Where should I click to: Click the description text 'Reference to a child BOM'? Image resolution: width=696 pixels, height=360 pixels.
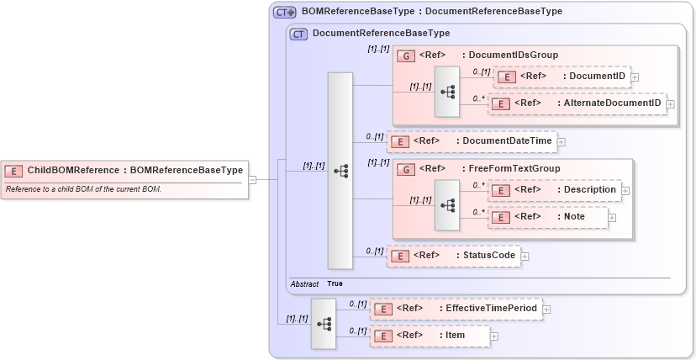83,188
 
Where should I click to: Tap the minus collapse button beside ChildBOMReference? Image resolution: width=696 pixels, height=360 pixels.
251,178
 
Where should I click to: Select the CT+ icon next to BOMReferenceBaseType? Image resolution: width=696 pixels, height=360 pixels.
284,12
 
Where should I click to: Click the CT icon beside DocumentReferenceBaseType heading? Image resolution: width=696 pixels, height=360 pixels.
298,34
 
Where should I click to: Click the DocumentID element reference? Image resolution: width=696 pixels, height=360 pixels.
561,77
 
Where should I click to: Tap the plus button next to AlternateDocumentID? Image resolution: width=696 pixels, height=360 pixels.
671,104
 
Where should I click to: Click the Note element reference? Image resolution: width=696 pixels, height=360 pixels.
548,217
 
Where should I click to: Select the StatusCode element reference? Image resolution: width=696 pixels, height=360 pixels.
453,255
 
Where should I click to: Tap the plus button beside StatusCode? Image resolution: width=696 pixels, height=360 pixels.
525,256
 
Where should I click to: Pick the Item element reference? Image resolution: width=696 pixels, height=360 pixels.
430,336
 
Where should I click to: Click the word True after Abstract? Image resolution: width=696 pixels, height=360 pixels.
335,284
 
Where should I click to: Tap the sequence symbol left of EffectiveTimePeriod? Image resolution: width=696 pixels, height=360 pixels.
324,323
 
